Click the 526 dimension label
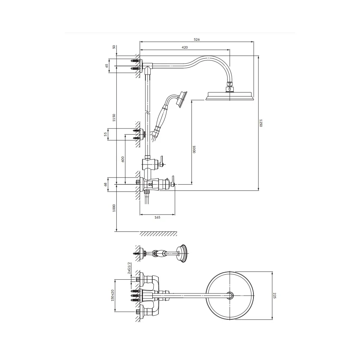pos(197,40)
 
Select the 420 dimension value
pos(185,48)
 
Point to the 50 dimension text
pos(114,47)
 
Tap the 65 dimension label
pos(107,66)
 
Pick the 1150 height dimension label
pos(114,118)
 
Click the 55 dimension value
pos(105,134)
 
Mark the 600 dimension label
pos(123,159)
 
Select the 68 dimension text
pos(105,184)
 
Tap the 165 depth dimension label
pos(157,217)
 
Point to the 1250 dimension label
pos(261,123)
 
